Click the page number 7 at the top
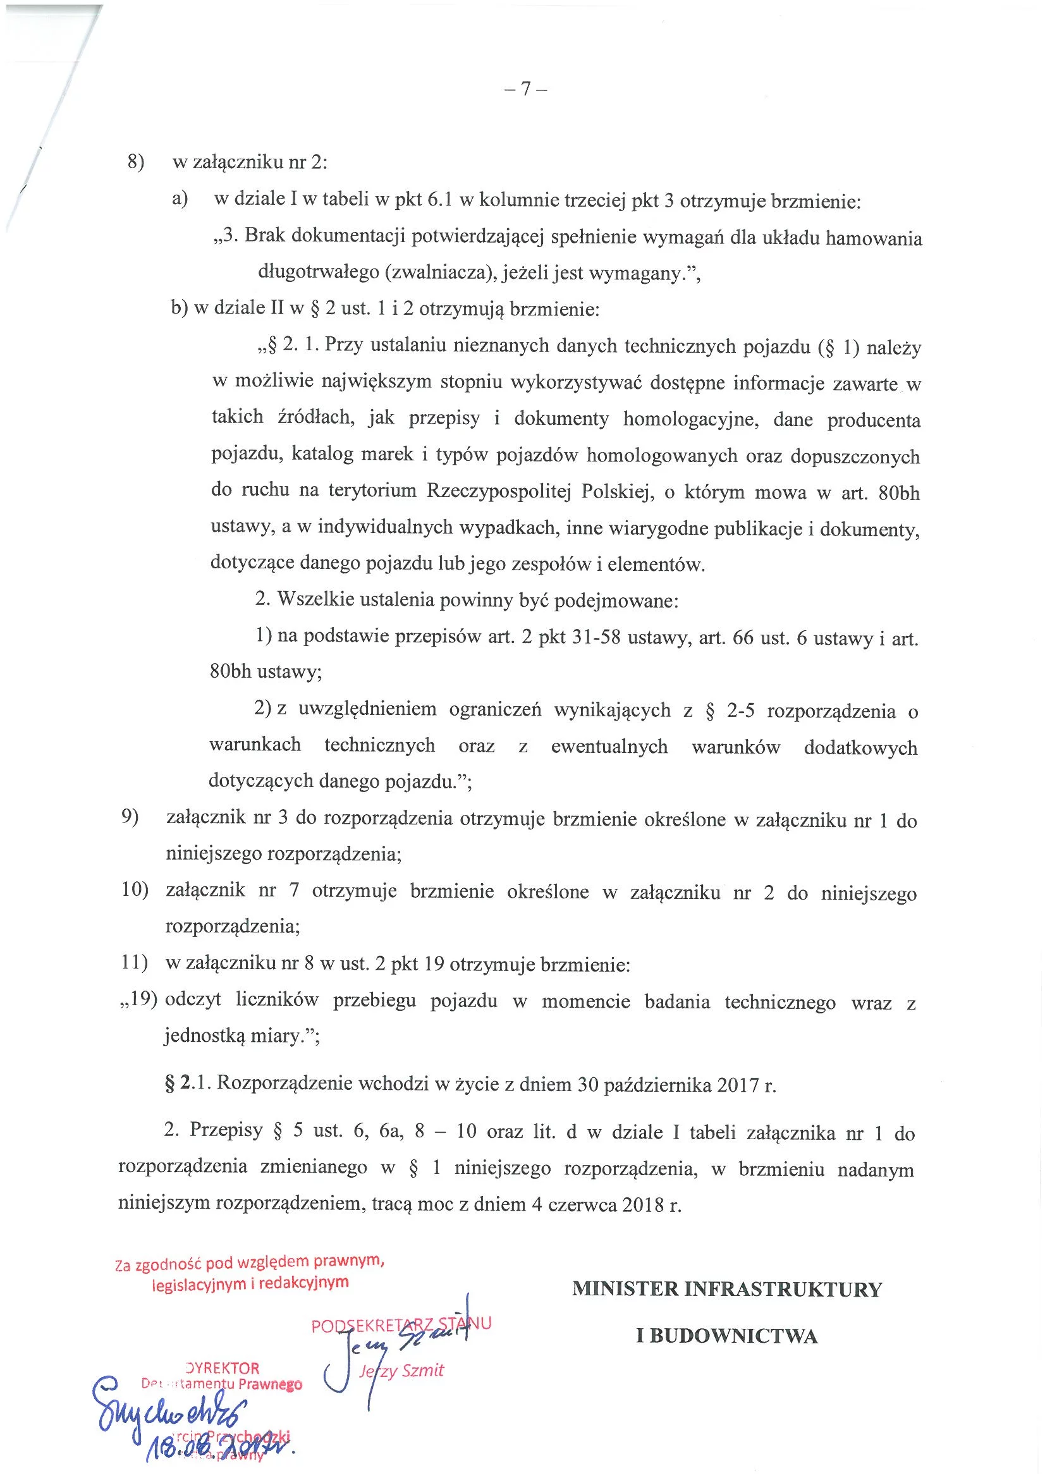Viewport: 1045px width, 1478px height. [x=525, y=89]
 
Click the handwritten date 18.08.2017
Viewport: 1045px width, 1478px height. [x=219, y=1448]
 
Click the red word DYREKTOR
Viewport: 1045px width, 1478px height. [x=222, y=1367]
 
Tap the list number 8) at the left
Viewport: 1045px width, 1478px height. [x=136, y=161]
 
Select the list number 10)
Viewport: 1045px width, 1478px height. [x=135, y=889]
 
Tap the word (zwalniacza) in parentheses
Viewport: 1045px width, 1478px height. [x=441, y=272]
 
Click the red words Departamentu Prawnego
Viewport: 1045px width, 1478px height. [x=222, y=1383]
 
